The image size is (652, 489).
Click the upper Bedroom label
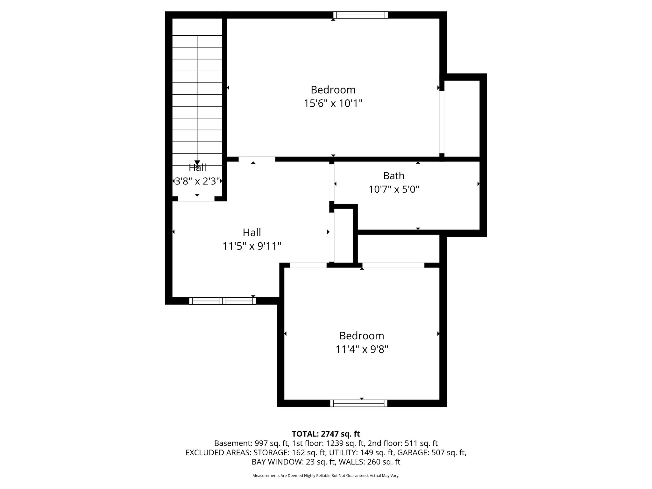333,90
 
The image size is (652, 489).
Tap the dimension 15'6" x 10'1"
333,104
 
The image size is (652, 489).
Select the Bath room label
394,176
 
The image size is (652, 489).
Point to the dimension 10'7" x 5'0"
394,190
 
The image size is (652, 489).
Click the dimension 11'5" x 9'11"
252,246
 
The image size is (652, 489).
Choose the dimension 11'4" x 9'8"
362,350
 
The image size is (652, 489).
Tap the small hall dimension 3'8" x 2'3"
197,181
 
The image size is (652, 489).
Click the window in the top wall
361,15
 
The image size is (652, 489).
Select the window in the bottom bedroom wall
359,403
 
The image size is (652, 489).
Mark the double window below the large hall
223,301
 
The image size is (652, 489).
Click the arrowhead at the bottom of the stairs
197,163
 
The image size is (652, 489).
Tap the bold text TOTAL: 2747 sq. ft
326,434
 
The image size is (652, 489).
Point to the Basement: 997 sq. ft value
251,443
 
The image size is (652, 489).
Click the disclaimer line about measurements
326,476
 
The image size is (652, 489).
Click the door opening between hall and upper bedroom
257,159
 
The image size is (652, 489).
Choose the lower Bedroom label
362,336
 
